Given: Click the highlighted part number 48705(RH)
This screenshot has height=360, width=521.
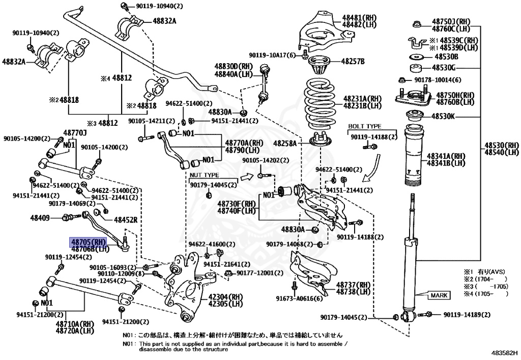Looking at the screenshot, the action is [88, 242].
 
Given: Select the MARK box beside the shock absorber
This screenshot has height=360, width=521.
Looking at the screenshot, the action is [439, 295].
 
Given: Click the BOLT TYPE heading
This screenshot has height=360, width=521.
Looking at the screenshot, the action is [364, 126].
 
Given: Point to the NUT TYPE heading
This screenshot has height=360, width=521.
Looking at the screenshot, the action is [205, 175].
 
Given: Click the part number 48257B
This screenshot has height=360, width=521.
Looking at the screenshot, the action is [353, 61].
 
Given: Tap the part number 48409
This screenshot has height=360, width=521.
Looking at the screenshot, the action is [40, 218].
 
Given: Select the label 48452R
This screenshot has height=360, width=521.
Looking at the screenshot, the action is [126, 220].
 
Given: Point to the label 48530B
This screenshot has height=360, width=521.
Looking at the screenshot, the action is [446, 57].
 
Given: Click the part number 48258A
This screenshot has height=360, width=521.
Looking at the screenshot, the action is [285, 143].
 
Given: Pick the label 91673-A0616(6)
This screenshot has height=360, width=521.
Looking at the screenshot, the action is [299, 298].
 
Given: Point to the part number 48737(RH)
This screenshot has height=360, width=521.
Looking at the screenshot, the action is [353, 285].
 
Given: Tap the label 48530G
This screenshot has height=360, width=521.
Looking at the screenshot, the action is [444, 68].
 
